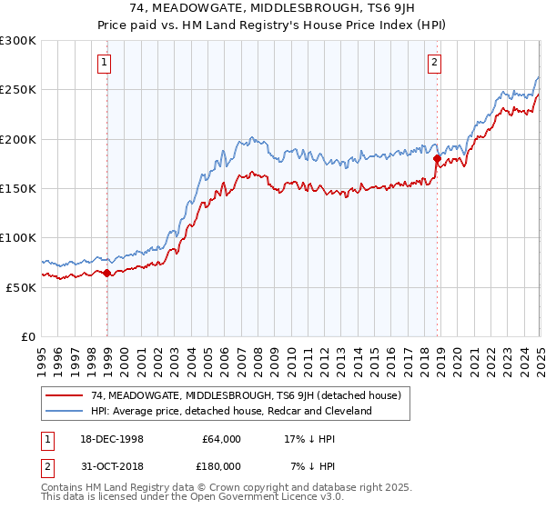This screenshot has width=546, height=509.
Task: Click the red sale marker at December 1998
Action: (107, 273)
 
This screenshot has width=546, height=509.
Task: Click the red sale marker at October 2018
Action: (437, 159)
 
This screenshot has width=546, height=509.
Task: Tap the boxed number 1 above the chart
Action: (106, 63)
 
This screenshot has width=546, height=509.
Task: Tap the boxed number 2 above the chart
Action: (435, 63)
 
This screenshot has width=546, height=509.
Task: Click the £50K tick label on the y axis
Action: (22, 287)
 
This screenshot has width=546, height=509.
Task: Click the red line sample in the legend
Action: (65, 395)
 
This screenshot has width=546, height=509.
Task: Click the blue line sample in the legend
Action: (65, 411)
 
